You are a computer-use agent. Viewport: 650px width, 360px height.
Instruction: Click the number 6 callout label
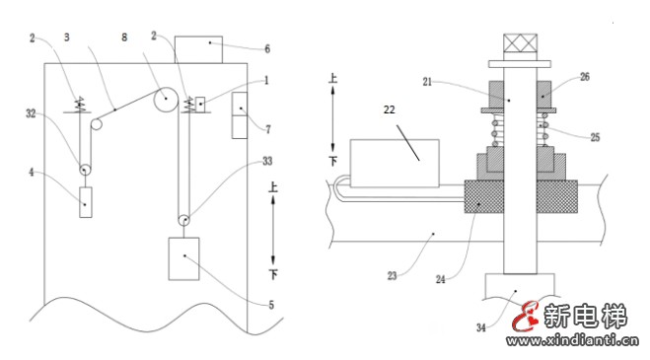tap(267, 49)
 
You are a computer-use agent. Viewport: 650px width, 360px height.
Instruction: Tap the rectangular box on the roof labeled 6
tap(198, 49)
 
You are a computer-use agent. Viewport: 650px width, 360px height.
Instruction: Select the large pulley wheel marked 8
tap(166, 100)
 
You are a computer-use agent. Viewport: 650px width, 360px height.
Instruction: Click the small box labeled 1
tap(200, 104)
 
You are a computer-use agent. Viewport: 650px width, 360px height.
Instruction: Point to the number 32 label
tap(32, 113)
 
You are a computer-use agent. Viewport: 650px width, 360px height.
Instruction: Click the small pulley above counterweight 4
tap(85, 170)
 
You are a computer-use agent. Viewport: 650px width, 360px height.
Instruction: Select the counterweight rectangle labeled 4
tap(86, 202)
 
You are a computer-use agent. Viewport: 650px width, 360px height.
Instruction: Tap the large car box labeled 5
tap(183, 258)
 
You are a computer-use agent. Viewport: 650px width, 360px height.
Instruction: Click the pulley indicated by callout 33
tap(183, 220)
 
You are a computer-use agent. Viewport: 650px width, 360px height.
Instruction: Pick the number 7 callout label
tap(268, 129)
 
